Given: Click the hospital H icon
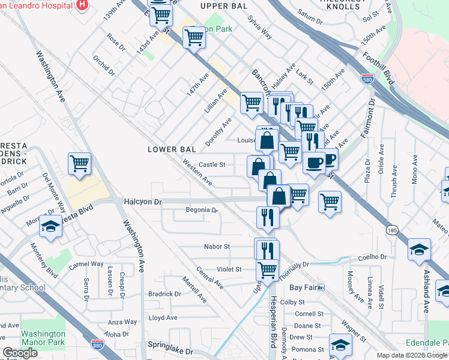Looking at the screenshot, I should [82, 4].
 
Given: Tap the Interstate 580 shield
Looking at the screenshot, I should [367, 79].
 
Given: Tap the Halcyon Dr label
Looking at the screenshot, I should [143, 202].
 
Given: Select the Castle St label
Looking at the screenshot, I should [211, 164].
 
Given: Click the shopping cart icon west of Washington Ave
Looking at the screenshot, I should [79, 163].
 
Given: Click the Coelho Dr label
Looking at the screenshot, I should [373, 257].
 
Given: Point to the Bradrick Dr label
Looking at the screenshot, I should [164, 294].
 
